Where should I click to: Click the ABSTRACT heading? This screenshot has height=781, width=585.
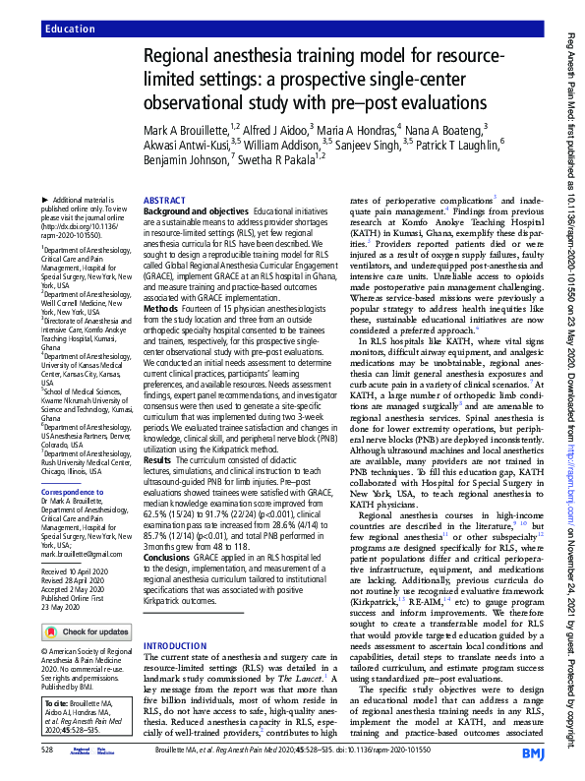pyautogui.click(x=163, y=199)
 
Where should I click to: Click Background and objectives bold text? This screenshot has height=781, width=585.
pyautogui.click(x=195, y=211)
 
